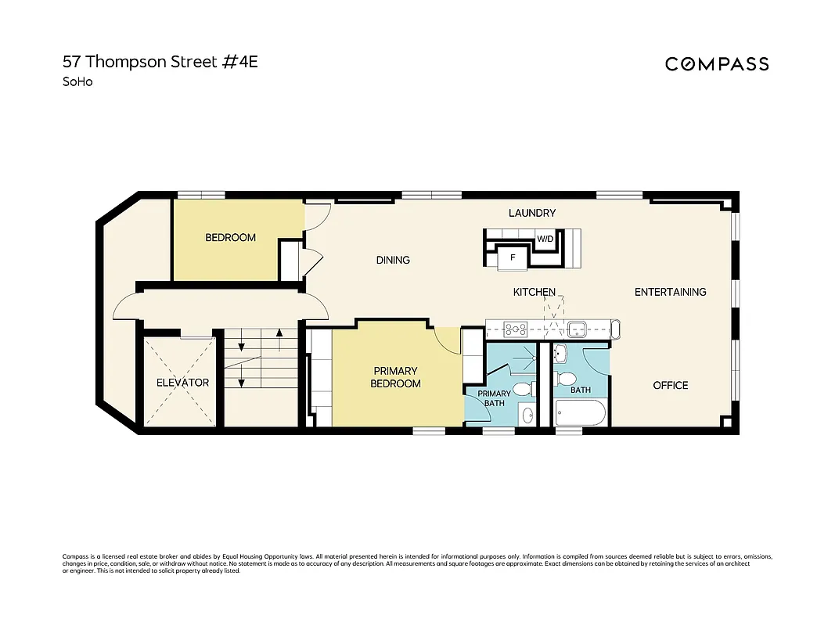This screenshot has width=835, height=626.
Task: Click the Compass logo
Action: (x=717, y=64)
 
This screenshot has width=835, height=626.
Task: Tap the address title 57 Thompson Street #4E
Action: (x=160, y=62)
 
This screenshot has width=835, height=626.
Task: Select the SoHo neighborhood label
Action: (x=77, y=81)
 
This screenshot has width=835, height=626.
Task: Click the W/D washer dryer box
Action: (x=545, y=239)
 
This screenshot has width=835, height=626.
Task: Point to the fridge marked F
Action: (x=513, y=257)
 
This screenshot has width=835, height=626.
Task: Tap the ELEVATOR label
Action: (x=182, y=383)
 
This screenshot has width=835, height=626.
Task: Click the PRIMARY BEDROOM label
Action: (x=397, y=377)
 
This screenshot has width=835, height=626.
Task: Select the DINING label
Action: (x=393, y=260)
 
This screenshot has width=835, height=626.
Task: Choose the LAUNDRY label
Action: (x=532, y=213)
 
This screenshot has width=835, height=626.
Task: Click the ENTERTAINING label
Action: (x=670, y=292)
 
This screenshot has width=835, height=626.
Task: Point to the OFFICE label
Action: (x=671, y=385)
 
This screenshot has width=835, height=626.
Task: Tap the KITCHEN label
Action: (x=534, y=292)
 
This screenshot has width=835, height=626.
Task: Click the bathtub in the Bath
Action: (x=580, y=412)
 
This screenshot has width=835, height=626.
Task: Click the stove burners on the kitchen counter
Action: (x=517, y=328)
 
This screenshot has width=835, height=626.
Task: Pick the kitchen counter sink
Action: (x=578, y=328)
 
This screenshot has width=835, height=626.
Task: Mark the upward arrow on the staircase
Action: (x=279, y=341)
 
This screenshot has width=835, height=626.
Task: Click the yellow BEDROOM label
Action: (x=230, y=238)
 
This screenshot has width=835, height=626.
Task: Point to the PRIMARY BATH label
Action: (x=495, y=398)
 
